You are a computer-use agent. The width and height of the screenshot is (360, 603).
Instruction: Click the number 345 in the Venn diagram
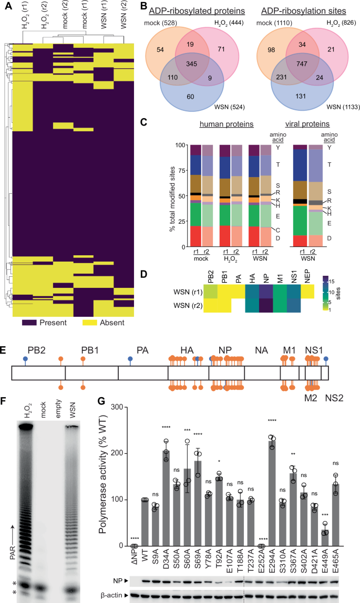click(192, 68)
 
